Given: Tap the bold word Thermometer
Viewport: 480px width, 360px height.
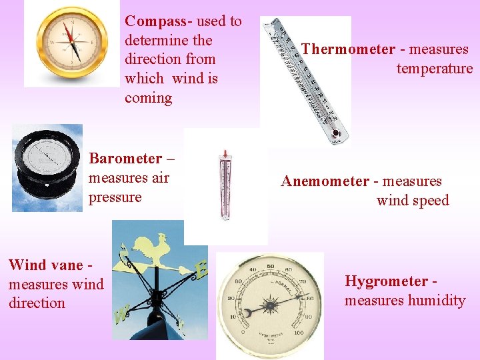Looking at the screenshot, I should [347, 49].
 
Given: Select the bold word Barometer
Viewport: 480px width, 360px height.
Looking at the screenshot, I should [125, 159].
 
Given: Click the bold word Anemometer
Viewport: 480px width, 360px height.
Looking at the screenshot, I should [325, 181].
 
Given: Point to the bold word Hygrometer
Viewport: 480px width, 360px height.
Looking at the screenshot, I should [385, 281].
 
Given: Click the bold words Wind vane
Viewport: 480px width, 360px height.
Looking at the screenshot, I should [46, 265].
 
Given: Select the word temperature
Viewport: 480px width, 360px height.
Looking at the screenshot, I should [434, 68].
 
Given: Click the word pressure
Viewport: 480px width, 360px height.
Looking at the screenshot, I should [115, 197].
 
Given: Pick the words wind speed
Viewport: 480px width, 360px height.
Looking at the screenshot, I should [413, 201].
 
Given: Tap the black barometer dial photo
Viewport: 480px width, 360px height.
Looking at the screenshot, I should [47, 167].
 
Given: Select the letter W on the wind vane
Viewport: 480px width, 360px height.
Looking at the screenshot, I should [121, 315].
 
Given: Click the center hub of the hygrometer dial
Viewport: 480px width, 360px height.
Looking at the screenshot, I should [271, 307].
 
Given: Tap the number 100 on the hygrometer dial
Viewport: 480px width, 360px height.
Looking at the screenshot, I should [297, 333].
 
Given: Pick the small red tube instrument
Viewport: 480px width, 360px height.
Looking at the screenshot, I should [225, 185].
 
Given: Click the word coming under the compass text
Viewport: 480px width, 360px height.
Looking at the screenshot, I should [148, 98].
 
